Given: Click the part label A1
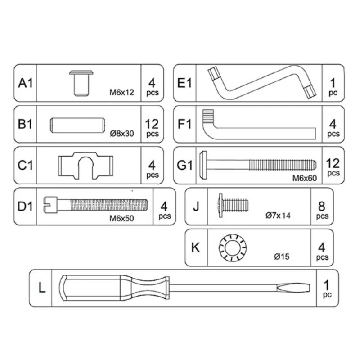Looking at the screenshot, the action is pos(25,83).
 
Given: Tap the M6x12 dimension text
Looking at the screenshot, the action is pos(121,93).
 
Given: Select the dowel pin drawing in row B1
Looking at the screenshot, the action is pos(77,126).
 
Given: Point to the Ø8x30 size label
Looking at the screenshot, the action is pos(122,133).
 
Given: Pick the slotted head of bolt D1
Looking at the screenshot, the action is pos(50,205).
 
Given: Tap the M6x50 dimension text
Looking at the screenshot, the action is pos(121,218).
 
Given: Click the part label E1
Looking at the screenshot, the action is pos(184,83).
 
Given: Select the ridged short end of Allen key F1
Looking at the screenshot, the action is pos(208,117).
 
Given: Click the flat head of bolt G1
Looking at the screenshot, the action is pos(203,165).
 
